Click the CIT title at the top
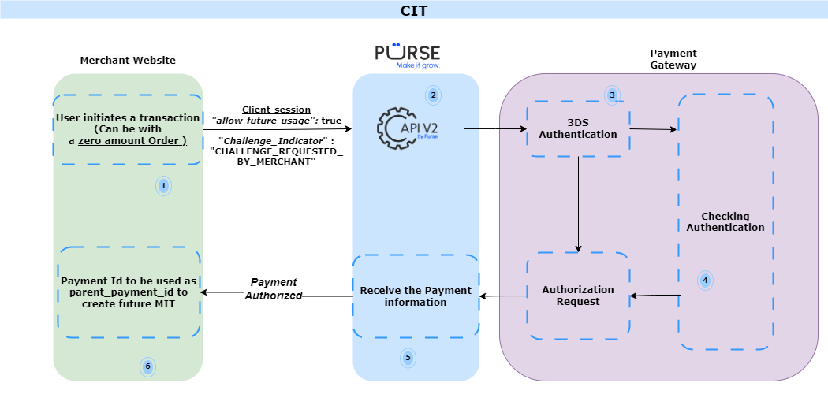pos(414,10)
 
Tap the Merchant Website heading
pos(128,61)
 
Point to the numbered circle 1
pos(163,186)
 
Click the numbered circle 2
pos(432,95)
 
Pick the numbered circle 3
pos(612,95)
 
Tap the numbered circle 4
pos(705,280)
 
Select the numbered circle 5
pos(408,358)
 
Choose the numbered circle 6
pos(147,366)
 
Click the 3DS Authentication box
pos(578,128)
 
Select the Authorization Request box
pos(578,295)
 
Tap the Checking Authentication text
pos(725,222)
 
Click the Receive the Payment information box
pos(416,296)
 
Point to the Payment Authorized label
pos(274,289)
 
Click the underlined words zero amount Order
pos(132,140)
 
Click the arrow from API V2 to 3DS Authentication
pos(495,128)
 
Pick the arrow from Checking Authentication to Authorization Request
pos(655,295)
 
